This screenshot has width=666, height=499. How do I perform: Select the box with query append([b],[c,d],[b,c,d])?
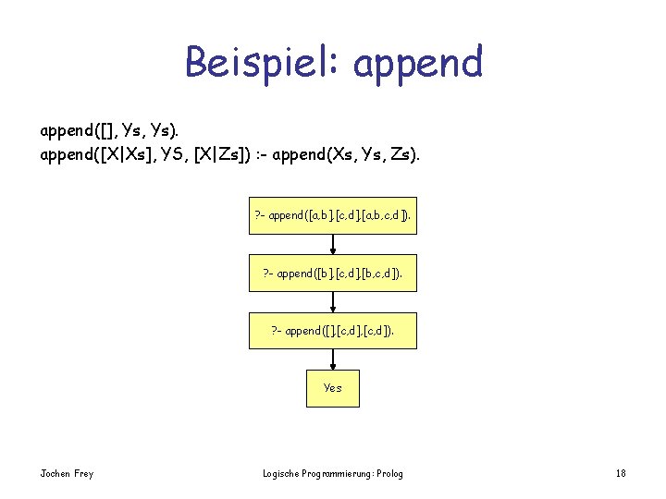point(333,273)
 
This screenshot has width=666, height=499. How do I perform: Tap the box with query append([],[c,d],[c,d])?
point(333,330)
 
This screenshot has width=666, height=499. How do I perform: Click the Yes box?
point(333,388)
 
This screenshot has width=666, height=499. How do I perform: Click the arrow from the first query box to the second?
point(333,245)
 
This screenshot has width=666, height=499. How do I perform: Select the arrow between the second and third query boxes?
point(333,302)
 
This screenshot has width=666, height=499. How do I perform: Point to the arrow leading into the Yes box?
point(333,359)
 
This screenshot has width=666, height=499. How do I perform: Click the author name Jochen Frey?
point(67,474)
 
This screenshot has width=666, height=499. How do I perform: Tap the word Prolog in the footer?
point(388,474)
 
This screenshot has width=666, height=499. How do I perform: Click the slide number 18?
point(621,474)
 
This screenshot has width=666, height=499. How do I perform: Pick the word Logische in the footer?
point(283,474)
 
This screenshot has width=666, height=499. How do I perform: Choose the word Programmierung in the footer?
point(336,474)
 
